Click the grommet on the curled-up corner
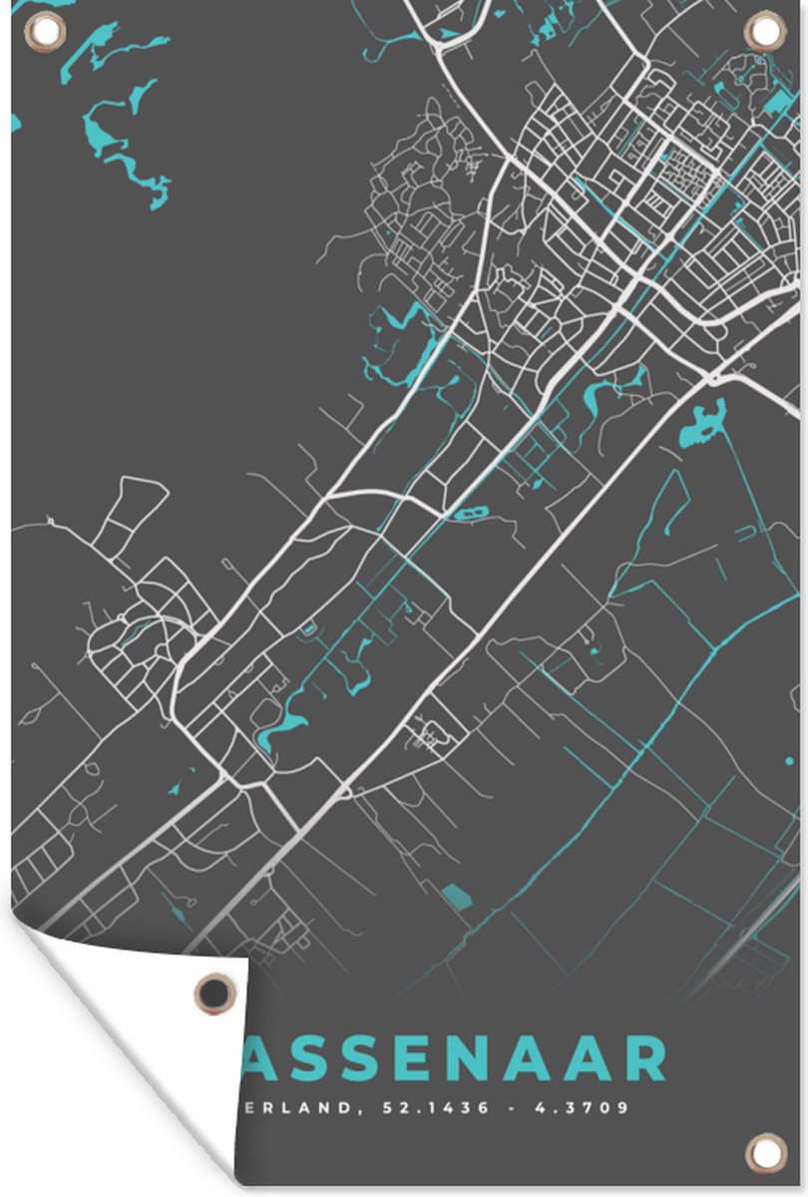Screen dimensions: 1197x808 tap(213, 993)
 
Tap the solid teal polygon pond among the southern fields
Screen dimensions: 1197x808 tap(456, 895)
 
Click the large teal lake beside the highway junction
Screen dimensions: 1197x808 tap(701, 424)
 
